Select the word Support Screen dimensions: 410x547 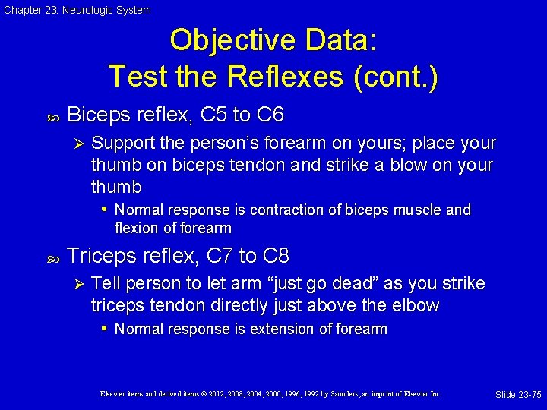(122, 143)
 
